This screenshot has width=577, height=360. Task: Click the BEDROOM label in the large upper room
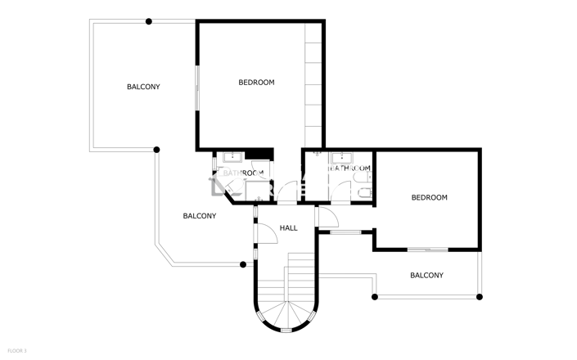click(256, 83)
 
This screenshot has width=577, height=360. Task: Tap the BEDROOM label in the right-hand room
click(429, 198)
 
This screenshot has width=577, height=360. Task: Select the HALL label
click(289, 227)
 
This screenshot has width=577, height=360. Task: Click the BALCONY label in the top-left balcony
click(143, 87)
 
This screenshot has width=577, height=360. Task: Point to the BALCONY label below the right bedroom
click(426, 276)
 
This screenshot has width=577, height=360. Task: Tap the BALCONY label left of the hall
click(200, 216)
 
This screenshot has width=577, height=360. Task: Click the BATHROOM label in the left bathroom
click(243, 173)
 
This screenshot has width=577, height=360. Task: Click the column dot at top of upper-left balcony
click(148, 21)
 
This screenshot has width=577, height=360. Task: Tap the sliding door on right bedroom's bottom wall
click(427, 249)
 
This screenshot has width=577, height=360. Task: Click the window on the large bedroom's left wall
click(196, 85)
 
